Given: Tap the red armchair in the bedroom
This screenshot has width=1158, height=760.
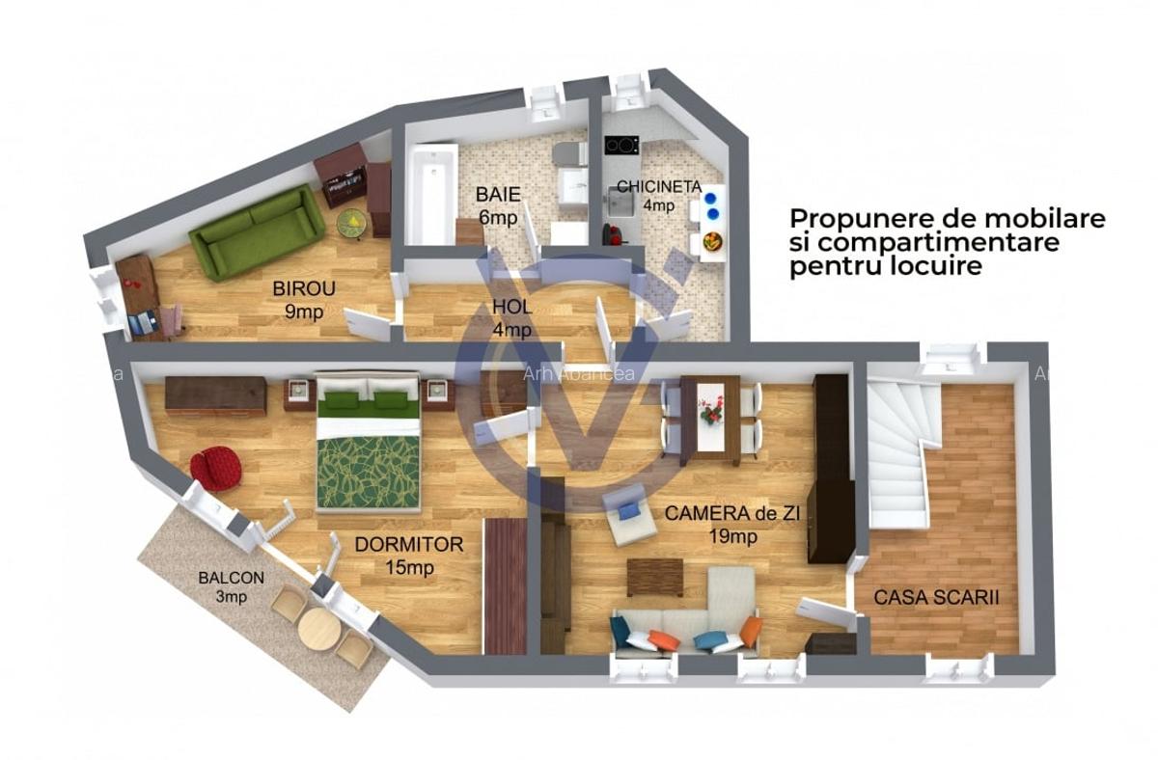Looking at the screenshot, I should pyautogui.click(x=215, y=468).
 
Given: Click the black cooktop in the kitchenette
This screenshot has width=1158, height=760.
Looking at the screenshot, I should pyautogui.click(x=621, y=146).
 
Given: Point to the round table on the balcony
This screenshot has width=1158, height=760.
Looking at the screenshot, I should pyautogui.click(x=318, y=630).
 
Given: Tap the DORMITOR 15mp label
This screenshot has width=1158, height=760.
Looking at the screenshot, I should pyautogui.click(x=408, y=556).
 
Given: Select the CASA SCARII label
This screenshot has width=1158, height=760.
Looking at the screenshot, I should pyautogui.click(x=936, y=598).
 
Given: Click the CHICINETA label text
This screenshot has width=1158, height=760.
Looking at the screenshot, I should pyautogui.click(x=658, y=186).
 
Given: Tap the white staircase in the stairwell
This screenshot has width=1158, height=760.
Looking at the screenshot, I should pyautogui.click(x=899, y=453).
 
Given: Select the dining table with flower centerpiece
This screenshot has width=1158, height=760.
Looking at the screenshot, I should pyautogui.click(x=710, y=419).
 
